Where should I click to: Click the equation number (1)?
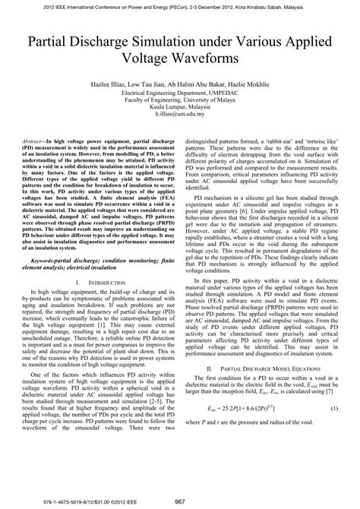point(332,430)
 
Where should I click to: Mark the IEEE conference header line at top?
point(179,7)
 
